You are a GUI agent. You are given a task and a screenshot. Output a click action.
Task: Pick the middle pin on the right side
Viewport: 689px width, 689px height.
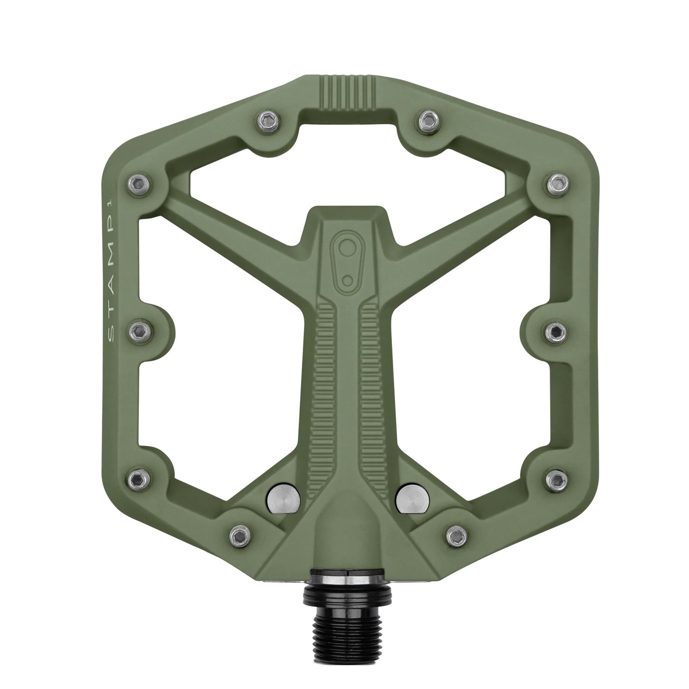click(x=554, y=330)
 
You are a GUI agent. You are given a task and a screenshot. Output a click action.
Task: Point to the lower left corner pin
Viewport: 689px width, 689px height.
click(x=136, y=477)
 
